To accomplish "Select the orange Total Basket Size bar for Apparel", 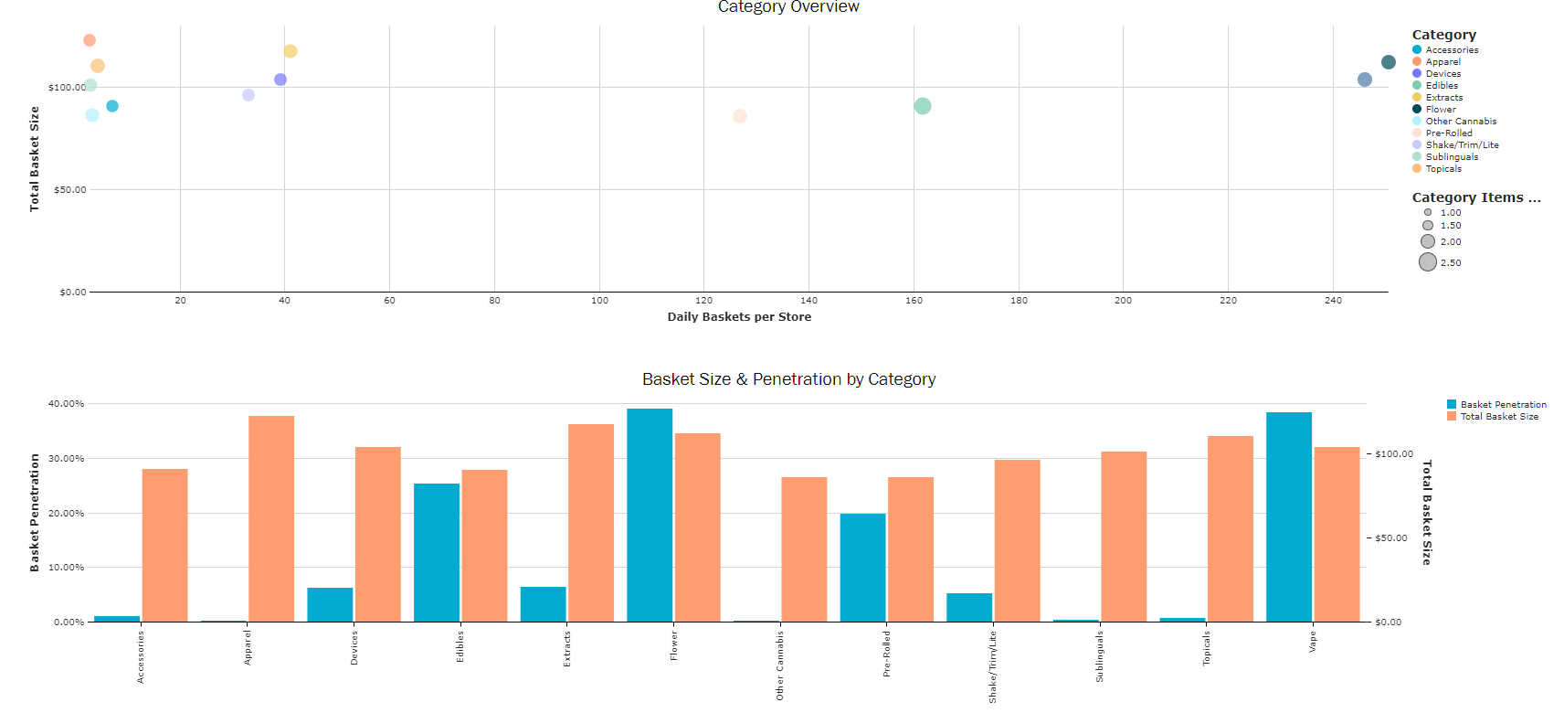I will pyautogui.click(x=271, y=518).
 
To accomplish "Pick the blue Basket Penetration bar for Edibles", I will pyautogui.click(x=437, y=552).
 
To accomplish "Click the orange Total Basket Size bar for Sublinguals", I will pyautogui.click(x=1124, y=537).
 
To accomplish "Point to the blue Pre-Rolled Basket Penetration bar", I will pyautogui.click(x=863, y=568).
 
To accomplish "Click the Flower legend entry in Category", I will pyautogui.click(x=1441, y=110).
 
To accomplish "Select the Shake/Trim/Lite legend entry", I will pyautogui.click(x=1462, y=145).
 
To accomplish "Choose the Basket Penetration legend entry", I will pyautogui.click(x=1503, y=404).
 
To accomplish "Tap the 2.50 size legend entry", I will pyautogui.click(x=1450, y=262).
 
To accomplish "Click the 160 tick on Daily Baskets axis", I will pyautogui.click(x=914, y=301).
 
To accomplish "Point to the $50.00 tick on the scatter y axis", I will pyautogui.click(x=70, y=190).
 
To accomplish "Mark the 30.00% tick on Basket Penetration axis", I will pyautogui.click(x=67, y=459).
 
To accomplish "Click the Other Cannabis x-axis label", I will pyautogui.click(x=780, y=665).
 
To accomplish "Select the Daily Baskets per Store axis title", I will pyautogui.click(x=739, y=317).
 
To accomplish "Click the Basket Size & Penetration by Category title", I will pyautogui.click(x=788, y=379).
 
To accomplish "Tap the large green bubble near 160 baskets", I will pyautogui.click(x=923, y=106).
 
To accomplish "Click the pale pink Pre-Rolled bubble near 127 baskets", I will pyautogui.click(x=740, y=116).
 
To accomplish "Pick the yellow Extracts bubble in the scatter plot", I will pyautogui.click(x=291, y=51).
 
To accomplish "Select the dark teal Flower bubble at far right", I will pyautogui.click(x=1389, y=62).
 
